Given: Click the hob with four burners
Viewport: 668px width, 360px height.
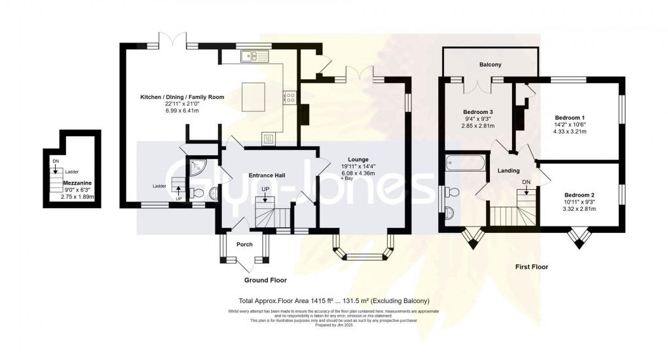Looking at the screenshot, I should tap(289, 98).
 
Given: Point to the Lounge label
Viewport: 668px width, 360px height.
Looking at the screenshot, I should tap(358, 159).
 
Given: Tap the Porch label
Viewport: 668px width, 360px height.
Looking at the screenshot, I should tap(244, 245).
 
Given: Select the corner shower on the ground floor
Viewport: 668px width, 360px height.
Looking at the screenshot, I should tap(196, 169).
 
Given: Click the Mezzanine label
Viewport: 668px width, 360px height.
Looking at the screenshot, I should tap(77, 183).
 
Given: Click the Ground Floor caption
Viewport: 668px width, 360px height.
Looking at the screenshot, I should tap(265, 279).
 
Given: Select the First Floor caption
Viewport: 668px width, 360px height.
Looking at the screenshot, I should tap(530, 266).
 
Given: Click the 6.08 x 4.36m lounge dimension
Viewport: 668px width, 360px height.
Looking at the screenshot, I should tap(358, 173).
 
